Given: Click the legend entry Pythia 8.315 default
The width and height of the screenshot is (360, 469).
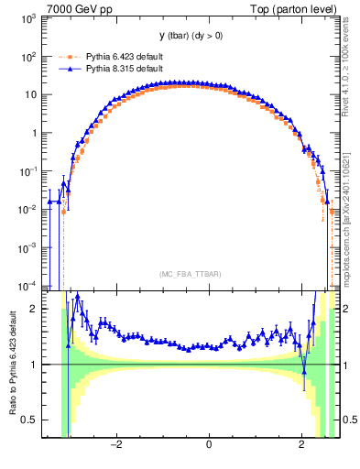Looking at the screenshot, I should [x=124, y=69].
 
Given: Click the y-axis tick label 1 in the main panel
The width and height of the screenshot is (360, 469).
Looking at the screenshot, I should [x=34, y=134].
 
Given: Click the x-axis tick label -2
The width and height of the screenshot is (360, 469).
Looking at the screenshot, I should [x=116, y=446].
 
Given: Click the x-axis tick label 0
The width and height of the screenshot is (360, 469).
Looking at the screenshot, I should [x=210, y=446].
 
